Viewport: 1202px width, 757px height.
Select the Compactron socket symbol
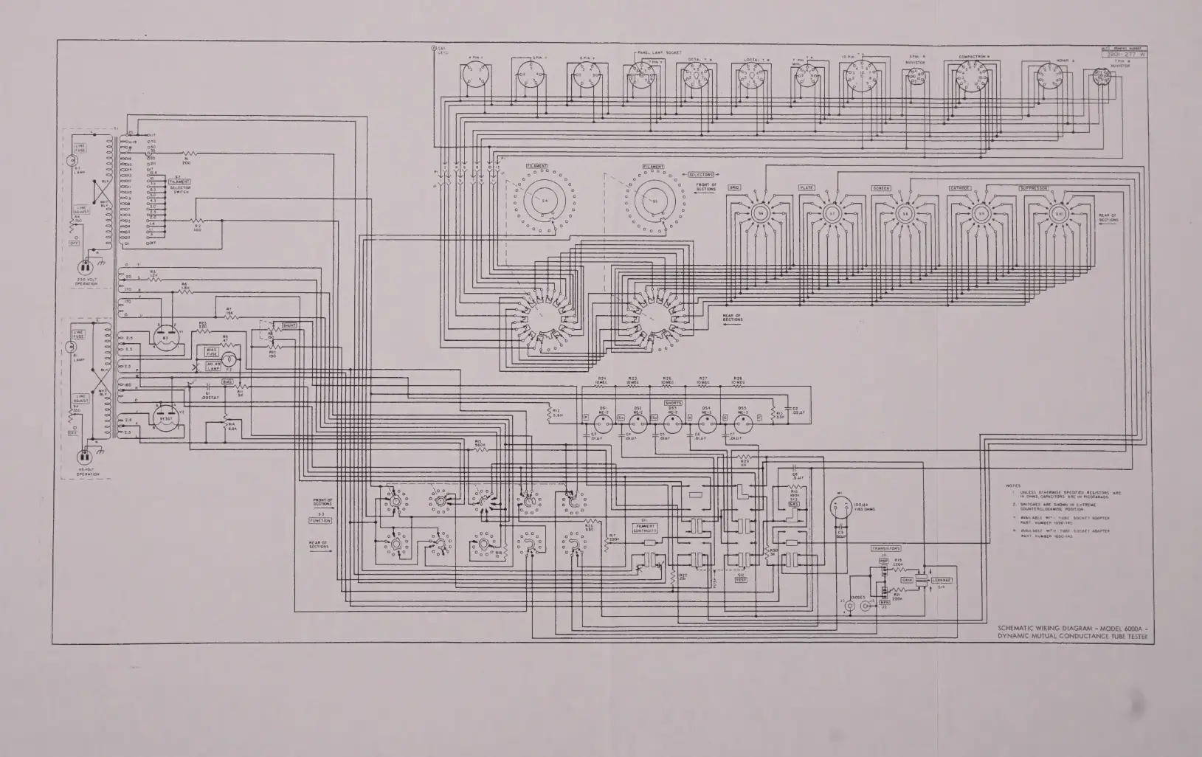coord(972,76)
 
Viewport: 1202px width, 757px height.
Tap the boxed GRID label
coord(734,188)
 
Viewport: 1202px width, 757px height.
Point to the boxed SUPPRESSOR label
coord(1034,188)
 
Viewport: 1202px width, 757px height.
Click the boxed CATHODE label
coord(959,188)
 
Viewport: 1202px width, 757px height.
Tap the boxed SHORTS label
coord(673,403)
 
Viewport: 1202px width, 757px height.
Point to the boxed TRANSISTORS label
coord(886,548)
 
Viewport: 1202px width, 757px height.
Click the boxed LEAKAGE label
coord(942,580)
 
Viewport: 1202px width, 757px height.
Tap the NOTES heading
coord(1012,485)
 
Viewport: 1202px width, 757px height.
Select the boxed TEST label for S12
coord(741,579)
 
